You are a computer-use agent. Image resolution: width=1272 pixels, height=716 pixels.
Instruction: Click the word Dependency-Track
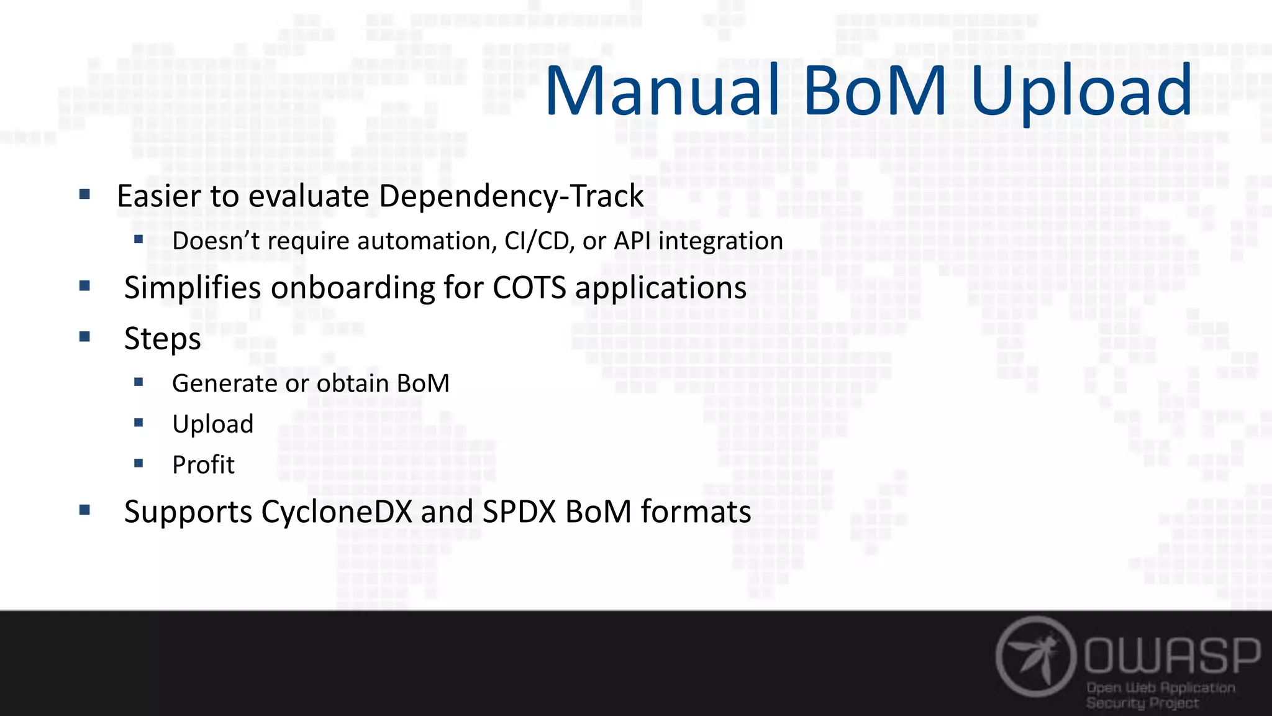[x=511, y=196]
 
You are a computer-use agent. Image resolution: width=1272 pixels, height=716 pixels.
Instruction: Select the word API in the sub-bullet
[x=633, y=241]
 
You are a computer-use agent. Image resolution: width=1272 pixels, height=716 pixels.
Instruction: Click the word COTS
[x=529, y=288]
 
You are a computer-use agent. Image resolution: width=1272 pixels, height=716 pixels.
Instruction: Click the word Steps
[x=162, y=339]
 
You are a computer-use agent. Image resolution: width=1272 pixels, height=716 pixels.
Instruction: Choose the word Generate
[x=225, y=383]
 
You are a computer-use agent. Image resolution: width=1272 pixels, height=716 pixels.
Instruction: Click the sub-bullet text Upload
[x=213, y=425]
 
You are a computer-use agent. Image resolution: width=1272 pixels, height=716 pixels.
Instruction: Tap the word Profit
[x=203, y=465]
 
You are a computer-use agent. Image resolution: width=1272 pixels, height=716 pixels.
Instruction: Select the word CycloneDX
[x=337, y=512]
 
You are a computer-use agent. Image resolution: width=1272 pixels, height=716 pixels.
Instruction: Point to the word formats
[x=696, y=512]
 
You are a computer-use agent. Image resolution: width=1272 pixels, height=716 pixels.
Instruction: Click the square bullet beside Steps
[x=85, y=337]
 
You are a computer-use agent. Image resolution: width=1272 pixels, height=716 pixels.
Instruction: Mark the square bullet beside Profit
[x=139, y=463]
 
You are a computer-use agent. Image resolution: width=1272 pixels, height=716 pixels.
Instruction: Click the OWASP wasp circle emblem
[x=1035, y=656]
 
